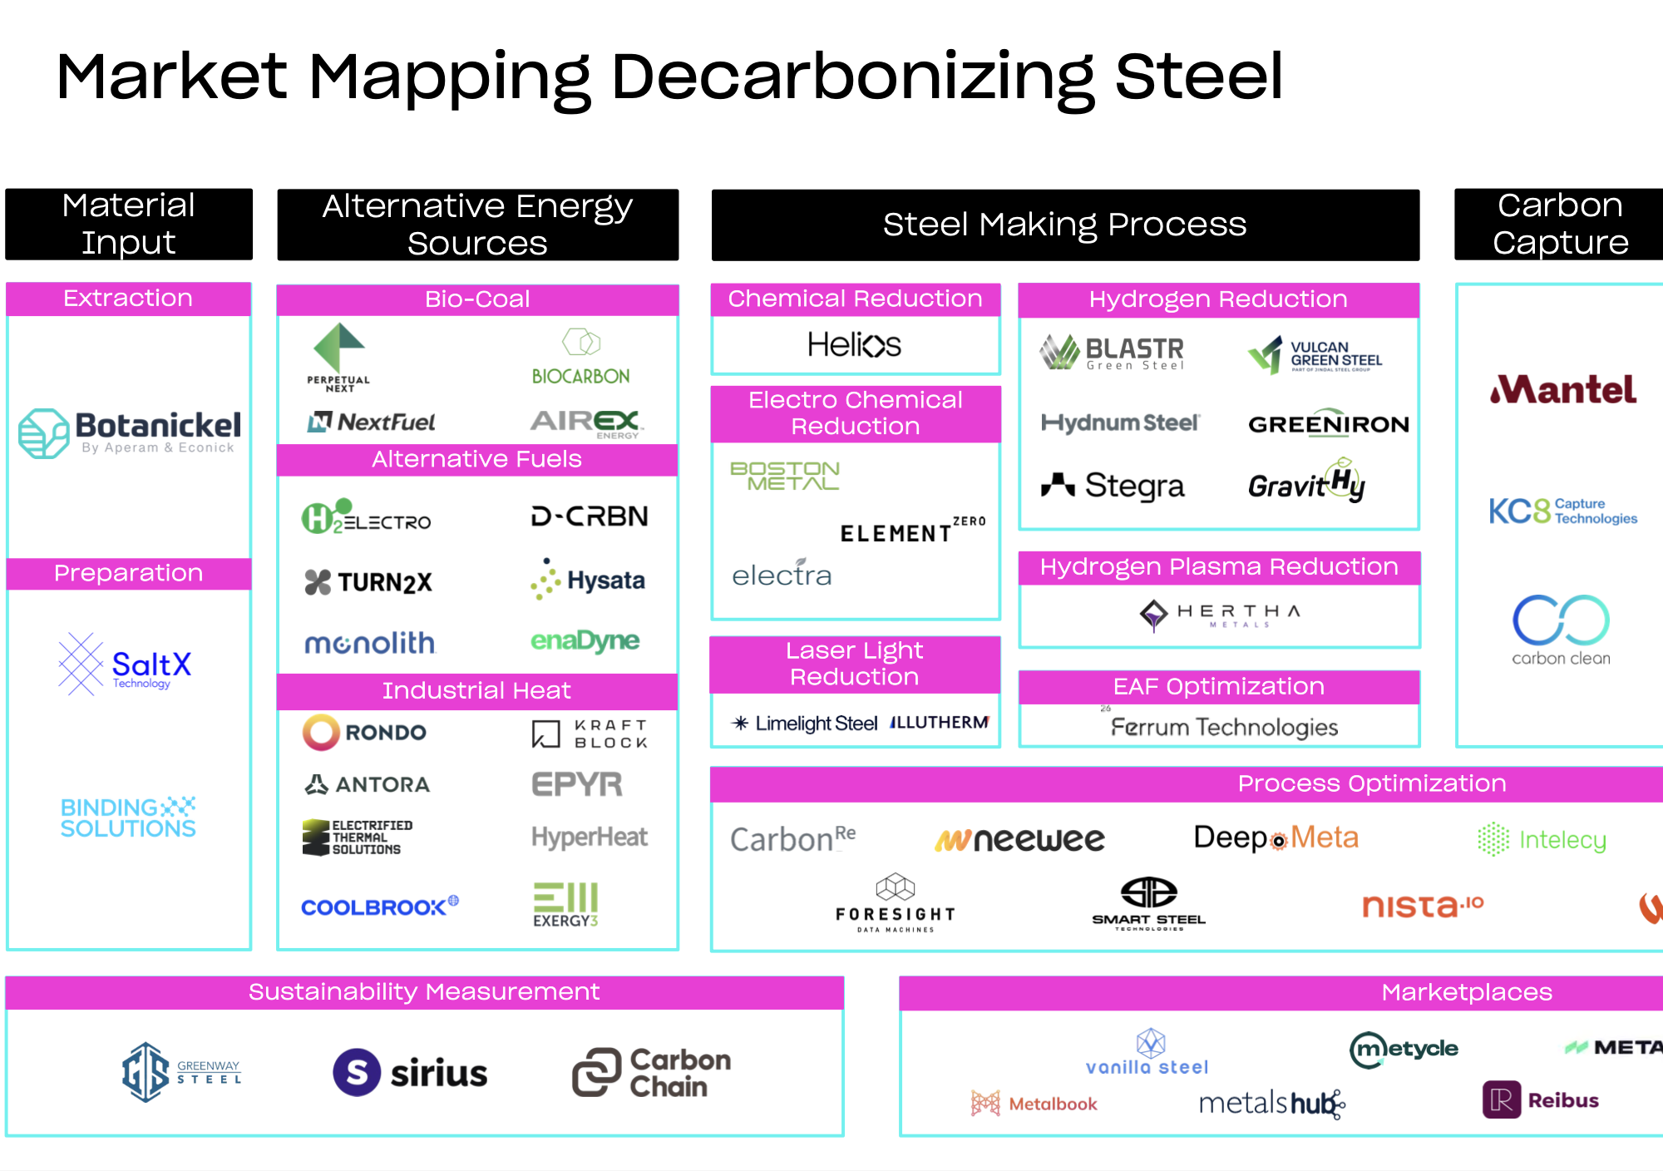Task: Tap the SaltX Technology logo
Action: point(126,665)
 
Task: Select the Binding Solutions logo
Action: point(128,817)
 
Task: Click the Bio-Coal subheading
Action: point(477,299)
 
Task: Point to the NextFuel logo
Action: point(371,422)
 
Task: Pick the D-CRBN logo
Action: point(590,516)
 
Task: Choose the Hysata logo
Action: point(588,580)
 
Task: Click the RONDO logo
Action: point(364,733)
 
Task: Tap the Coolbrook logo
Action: point(379,907)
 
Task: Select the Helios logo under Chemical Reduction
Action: point(854,344)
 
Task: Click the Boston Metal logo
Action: point(785,476)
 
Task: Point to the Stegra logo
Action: point(1113,485)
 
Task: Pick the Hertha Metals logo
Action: point(1219,615)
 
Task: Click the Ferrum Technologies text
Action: point(1224,728)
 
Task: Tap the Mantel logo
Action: point(1563,390)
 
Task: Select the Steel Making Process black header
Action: point(1064,225)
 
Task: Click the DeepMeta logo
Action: point(1276,838)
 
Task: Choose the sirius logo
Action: point(410,1072)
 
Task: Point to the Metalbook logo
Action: point(1034,1104)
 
